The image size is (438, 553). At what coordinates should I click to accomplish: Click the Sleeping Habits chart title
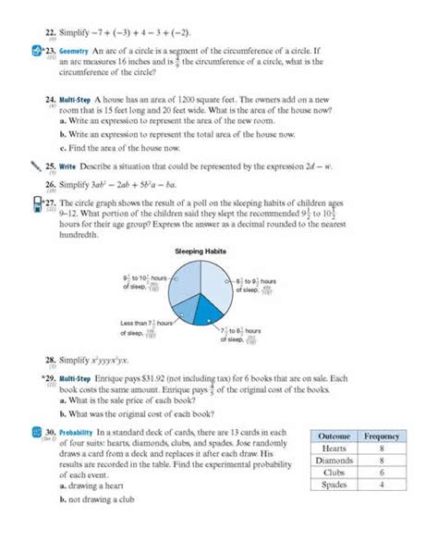click(x=201, y=251)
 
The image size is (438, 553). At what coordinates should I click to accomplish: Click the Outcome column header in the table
click(x=334, y=436)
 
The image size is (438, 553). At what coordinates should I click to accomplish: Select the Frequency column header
click(x=381, y=436)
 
